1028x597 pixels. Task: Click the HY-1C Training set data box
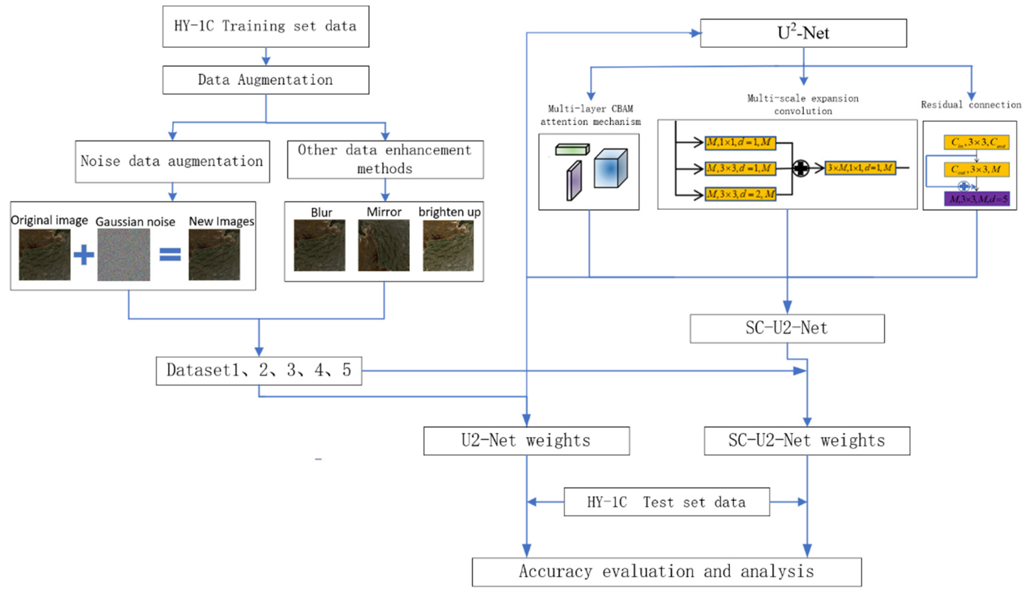point(265,27)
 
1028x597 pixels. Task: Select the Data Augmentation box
point(265,80)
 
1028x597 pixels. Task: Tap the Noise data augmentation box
point(172,162)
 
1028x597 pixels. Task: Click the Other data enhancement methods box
point(385,160)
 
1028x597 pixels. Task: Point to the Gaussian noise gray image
point(124,254)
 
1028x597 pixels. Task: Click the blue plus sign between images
point(84,255)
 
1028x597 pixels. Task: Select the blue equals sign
point(170,255)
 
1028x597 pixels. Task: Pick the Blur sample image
point(320,245)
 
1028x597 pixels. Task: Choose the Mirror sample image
point(384,245)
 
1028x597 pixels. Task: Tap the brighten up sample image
point(448,245)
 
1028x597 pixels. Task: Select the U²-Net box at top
point(803,33)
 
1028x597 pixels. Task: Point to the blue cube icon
point(610,168)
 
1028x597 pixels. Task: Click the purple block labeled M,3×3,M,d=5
point(977,199)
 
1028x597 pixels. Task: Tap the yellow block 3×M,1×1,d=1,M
point(860,168)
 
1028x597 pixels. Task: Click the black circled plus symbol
point(801,168)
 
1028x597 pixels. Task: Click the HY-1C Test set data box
point(667,502)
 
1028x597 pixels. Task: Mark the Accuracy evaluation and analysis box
point(667,572)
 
